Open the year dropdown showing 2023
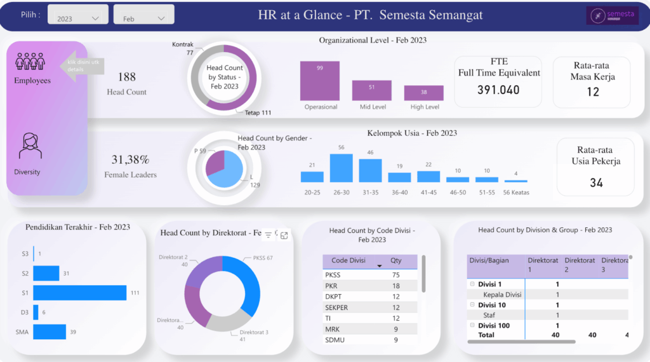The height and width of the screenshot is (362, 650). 77,18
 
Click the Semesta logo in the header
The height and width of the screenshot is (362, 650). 612,16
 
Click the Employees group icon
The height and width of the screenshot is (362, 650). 30,62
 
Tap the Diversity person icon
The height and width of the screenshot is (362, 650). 30,146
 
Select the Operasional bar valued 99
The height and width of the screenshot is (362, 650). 320,81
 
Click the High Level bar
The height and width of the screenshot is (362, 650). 423,93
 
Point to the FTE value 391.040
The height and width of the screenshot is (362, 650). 498,90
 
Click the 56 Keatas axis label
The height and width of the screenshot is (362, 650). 515,192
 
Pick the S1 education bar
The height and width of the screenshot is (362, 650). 79,293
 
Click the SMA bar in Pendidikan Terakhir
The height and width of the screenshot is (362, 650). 50,332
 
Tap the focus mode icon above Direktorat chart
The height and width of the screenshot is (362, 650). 284,235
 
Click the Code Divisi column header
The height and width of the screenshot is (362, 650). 349,261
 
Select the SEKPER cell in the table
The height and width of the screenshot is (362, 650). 336,307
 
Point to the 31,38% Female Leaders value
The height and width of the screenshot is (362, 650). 130,159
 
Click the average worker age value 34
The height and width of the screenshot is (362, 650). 595,183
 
